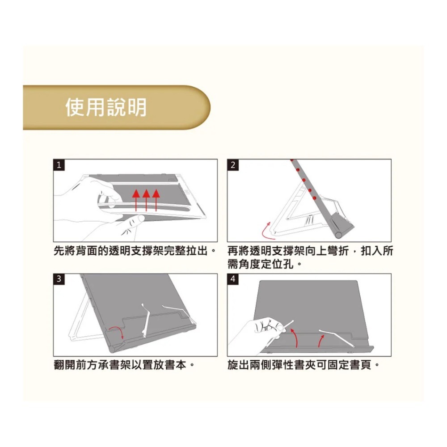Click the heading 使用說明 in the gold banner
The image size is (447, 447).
[x=106, y=107]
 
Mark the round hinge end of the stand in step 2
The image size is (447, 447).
[x=338, y=233]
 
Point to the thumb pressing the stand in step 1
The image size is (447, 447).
[x=133, y=221]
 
